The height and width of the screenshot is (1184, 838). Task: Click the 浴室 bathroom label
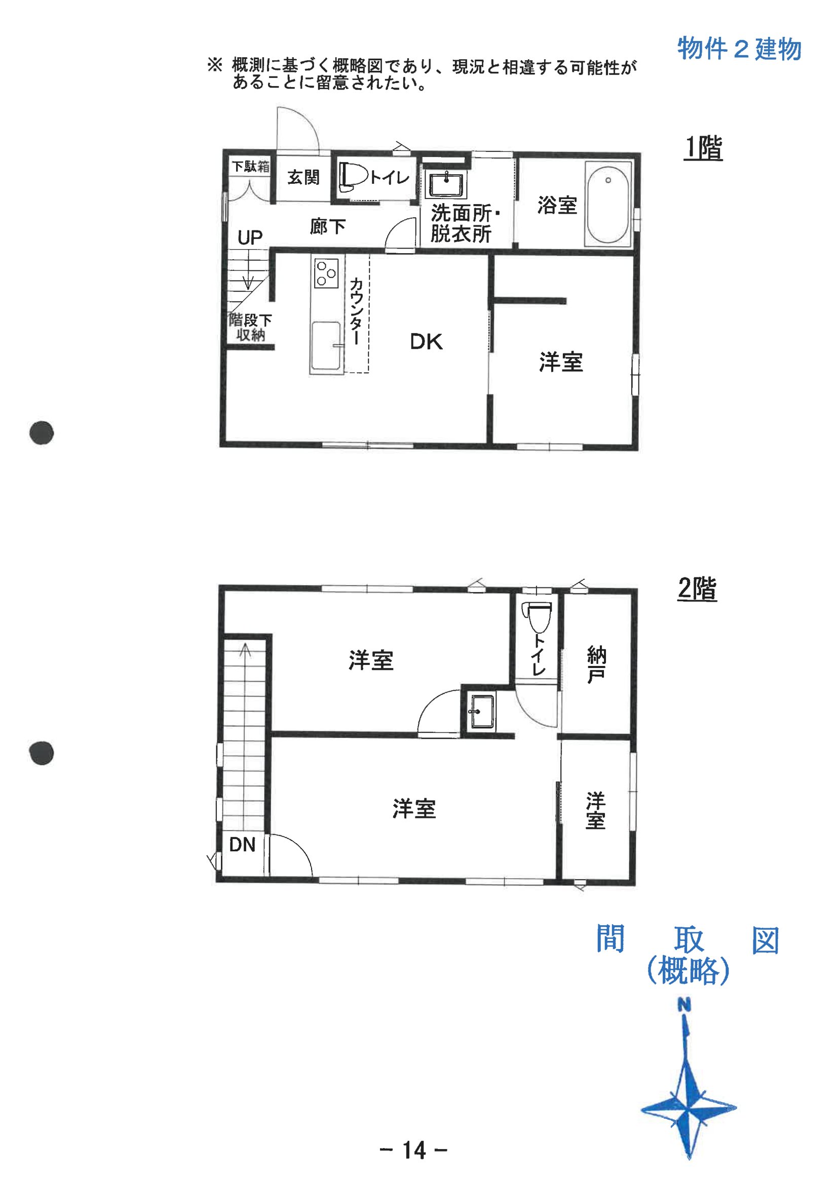click(x=557, y=205)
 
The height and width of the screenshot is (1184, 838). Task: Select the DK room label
click(x=426, y=342)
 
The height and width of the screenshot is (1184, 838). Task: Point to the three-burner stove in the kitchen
click(x=326, y=273)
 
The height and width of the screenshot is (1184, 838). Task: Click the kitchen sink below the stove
click(x=326, y=346)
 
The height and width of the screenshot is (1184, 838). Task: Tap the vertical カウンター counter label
click(x=356, y=311)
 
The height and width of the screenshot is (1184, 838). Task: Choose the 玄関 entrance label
click(x=303, y=177)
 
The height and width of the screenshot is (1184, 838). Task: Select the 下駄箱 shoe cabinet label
click(x=251, y=166)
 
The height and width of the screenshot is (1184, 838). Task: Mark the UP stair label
click(x=250, y=238)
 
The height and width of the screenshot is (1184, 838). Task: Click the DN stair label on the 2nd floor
click(x=242, y=845)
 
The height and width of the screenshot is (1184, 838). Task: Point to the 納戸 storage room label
click(x=596, y=665)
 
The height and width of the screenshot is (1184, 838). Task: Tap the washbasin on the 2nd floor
click(x=482, y=712)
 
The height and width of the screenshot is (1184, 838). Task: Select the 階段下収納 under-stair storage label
click(x=250, y=328)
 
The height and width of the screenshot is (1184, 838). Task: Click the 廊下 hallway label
click(x=328, y=226)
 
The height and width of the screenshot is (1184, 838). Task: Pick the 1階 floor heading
click(x=703, y=147)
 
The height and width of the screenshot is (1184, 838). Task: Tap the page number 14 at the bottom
click(x=414, y=1150)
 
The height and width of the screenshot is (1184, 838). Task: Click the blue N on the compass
click(x=684, y=1005)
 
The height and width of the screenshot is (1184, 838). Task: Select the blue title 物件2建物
click(x=739, y=49)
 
